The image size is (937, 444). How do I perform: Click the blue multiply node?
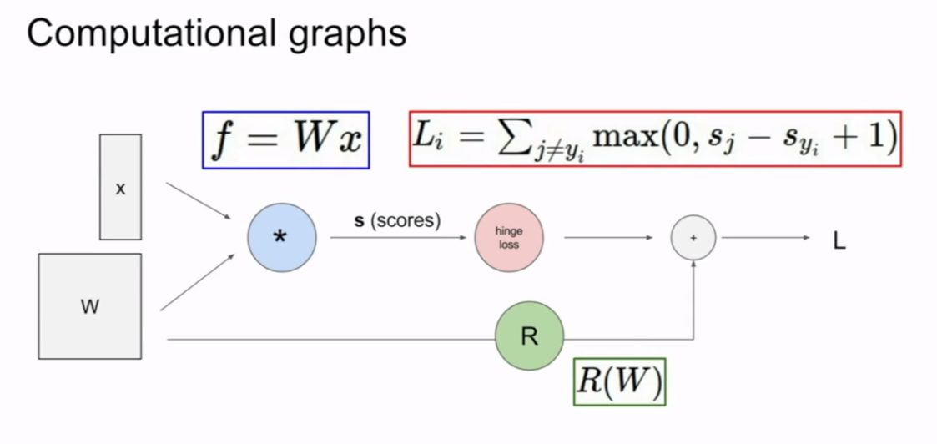click(x=282, y=238)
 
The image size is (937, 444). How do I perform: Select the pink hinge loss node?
click(x=508, y=238)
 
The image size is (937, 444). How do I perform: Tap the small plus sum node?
click(x=693, y=238)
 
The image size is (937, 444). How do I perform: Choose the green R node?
click(x=529, y=336)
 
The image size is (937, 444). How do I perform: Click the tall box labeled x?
click(x=120, y=187)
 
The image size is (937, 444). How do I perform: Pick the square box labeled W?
click(x=90, y=306)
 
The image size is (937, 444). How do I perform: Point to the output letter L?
click(x=839, y=241)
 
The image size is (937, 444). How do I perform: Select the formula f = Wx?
click(x=286, y=139)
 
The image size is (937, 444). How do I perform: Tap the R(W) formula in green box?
click(x=619, y=382)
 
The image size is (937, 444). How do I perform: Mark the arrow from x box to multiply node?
click(x=199, y=201)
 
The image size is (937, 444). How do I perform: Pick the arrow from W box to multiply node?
click(x=198, y=284)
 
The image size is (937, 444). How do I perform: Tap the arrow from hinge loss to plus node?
click(x=607, y=238)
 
